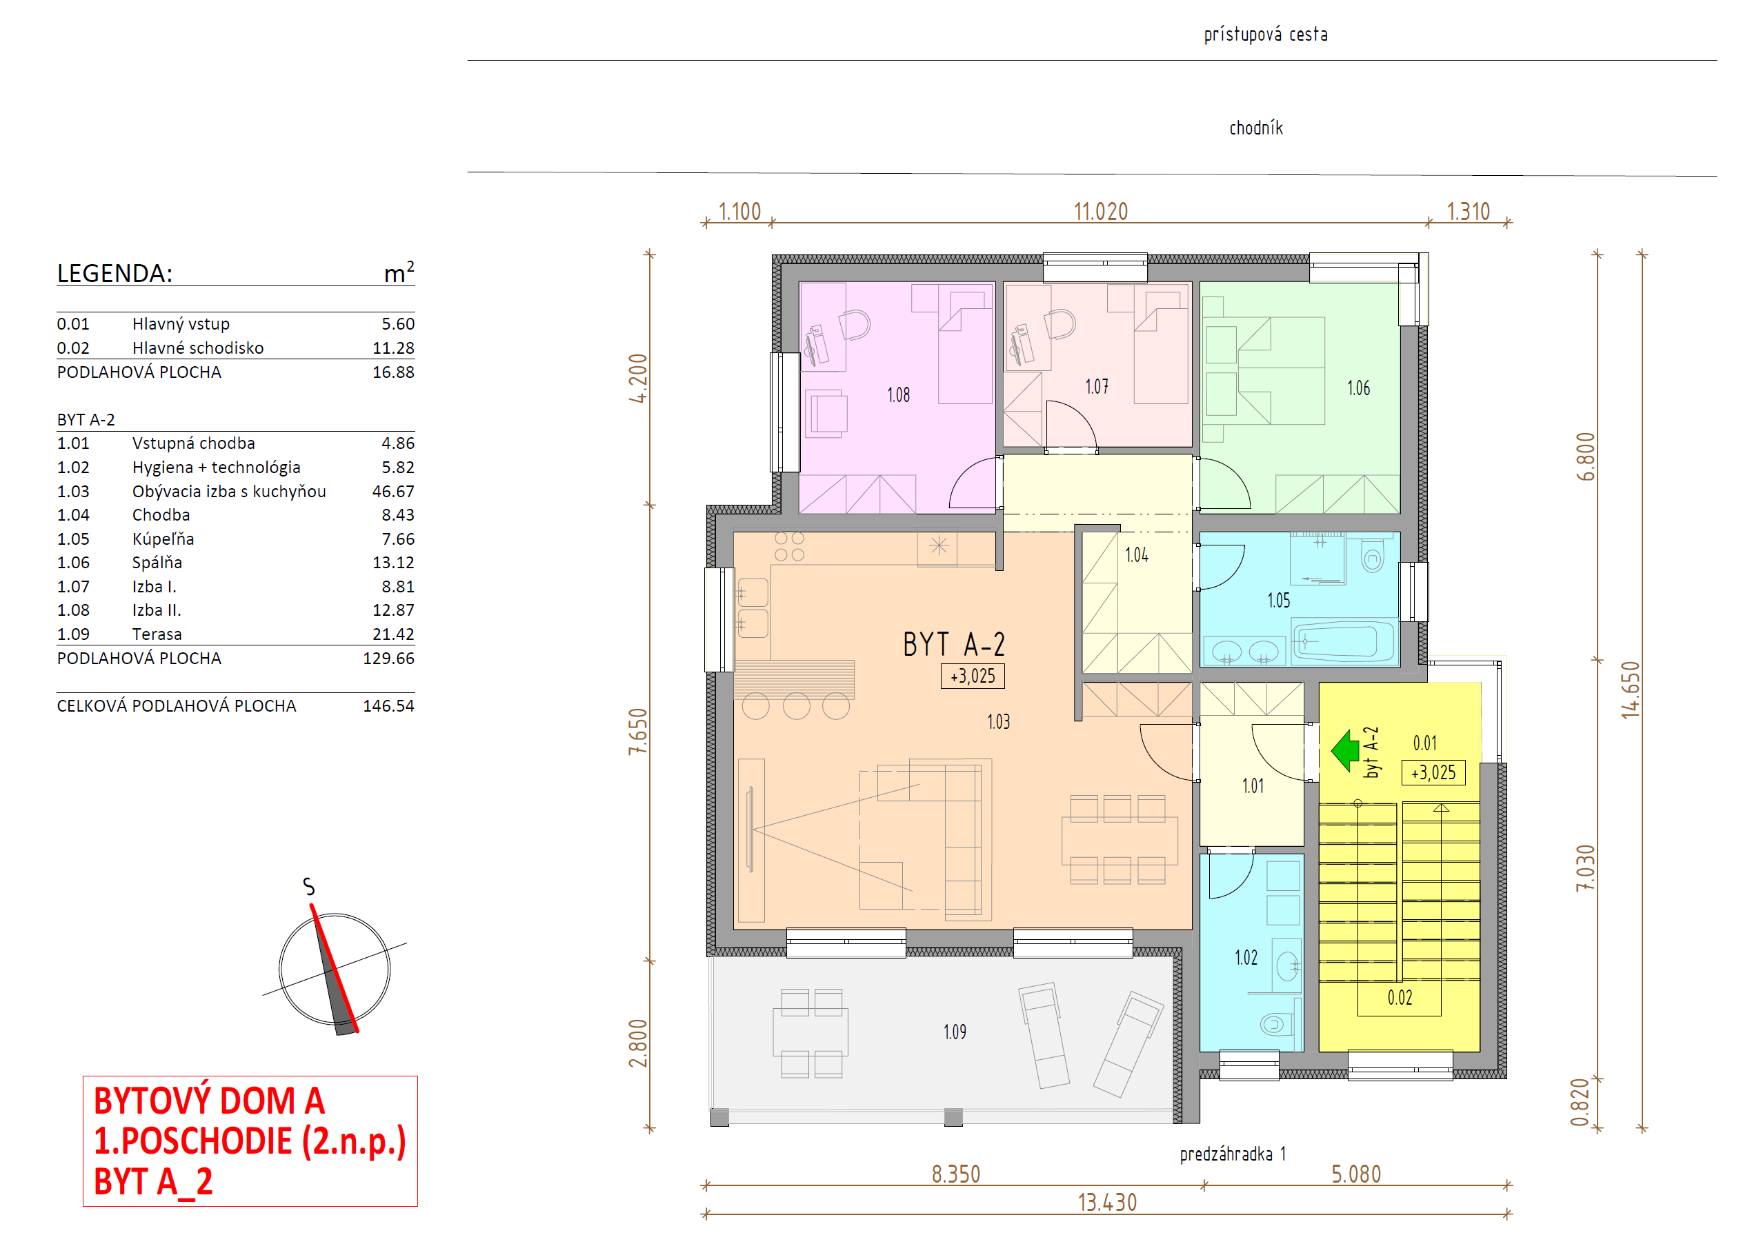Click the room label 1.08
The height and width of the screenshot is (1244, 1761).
click(898, 395)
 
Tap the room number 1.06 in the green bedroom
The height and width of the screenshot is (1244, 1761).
click(1358, 388)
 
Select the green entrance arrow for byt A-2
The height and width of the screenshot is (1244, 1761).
click(1345, 750)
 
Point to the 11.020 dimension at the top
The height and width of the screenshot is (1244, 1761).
click(1101, 212)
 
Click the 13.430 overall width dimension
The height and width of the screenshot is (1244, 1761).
click(1107, 1203)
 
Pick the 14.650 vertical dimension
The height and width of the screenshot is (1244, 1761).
click(1630, 690)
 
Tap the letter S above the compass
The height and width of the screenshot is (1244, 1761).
click(308, 887)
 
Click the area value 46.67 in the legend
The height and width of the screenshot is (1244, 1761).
click(392, 492)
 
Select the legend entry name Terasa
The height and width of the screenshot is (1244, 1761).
click(157, 634)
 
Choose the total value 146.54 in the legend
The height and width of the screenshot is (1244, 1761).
click(388, 705)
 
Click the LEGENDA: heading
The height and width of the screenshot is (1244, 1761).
click(115, 273)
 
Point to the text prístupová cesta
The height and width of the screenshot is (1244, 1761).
click(1266, 34)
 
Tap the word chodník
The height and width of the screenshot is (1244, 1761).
click(1255, 128)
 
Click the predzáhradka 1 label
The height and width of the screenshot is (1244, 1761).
click(1233, 1154)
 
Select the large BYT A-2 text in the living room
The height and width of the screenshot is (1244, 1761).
click(953, 644)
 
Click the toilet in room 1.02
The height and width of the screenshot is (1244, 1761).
click(1277, 1024)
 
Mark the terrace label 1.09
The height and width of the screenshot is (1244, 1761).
click(955, 1032)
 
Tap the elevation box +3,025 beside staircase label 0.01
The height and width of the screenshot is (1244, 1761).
click(1433, 772)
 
